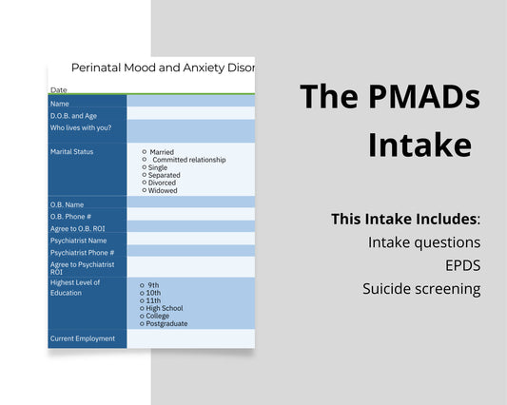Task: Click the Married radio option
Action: point(145,152)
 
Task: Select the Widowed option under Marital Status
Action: point(145,190)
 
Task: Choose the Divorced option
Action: point(145,183)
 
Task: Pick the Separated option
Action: point(145,175)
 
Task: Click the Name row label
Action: point(60,104)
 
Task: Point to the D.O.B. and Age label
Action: point(73,116)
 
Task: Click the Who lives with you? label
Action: point(79,127)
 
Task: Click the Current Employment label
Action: point(82,338)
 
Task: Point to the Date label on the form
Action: point(58,90)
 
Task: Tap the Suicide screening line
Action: point(420,289)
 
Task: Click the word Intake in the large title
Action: point(419,145)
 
